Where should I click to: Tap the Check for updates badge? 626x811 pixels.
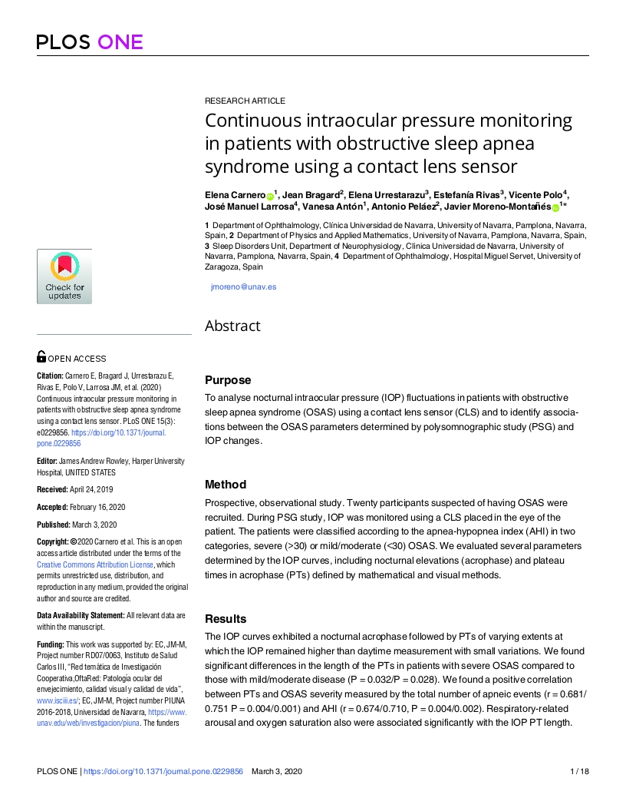tap(64, 276)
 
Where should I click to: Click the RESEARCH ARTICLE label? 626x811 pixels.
tap(245, 101)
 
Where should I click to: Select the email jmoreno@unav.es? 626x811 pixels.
tap(243, 286)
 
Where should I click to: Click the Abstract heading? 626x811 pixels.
tap(232, 326)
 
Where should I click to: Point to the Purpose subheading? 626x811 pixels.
tap(228, 380)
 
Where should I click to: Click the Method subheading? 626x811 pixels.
tap(226, 485)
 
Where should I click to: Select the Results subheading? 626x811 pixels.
tap(226, 619)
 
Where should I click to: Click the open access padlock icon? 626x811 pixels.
tap(41, 356)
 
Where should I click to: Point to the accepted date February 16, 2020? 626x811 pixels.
tap(96, 507)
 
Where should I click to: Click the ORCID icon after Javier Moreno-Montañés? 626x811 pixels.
tap(555, 207)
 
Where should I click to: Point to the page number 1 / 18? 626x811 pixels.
tap(579, 771)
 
